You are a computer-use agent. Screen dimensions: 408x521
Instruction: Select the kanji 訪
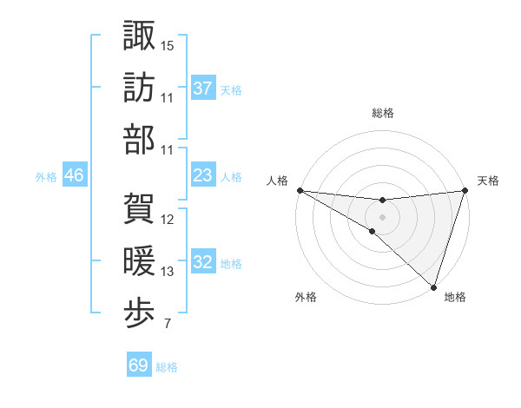(x=139, y=87)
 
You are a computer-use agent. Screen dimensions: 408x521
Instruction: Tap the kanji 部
(x=139, y=139)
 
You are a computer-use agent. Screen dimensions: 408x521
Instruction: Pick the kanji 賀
(x=139, y=208)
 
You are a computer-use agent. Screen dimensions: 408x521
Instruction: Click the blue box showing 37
(x=202, y=89)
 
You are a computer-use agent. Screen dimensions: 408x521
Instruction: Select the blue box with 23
(x=202, y=175)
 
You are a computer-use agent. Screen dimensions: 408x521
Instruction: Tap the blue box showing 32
(x=202, y=262)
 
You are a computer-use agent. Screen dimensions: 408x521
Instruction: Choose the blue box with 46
(x=74, y=175)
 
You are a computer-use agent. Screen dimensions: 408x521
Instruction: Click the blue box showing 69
(x=138, y=365)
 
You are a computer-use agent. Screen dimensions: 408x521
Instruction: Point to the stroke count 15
(x=168, y=45)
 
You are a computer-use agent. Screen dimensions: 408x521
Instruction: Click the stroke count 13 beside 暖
(x=168, y=273)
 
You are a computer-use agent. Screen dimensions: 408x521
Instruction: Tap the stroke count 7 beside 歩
(x=167, y=325)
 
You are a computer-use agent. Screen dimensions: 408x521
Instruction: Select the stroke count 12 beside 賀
(x=168, y=219)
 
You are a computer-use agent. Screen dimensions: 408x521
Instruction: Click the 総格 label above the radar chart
(x=383, y=113)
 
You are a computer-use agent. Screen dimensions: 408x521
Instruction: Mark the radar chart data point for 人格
(x=300, y=190)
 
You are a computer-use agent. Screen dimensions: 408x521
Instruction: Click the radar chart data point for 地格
(x=433, y=286)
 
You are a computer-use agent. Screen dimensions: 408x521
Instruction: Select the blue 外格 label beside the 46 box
(x=46, y=176)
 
